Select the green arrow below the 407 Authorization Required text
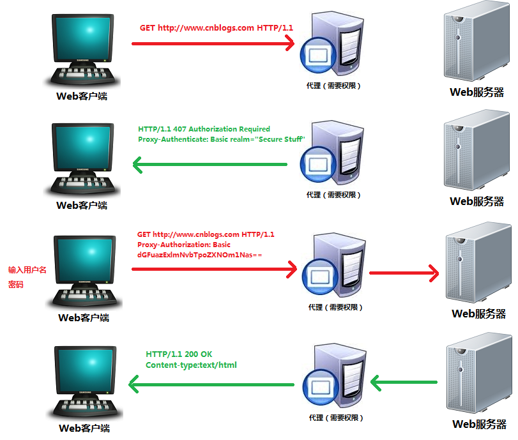[211, 165]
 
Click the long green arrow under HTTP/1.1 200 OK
[211, 384]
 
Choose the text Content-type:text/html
[192, 365]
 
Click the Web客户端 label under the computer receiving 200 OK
[84, 429]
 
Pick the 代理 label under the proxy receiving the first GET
[333, 85]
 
